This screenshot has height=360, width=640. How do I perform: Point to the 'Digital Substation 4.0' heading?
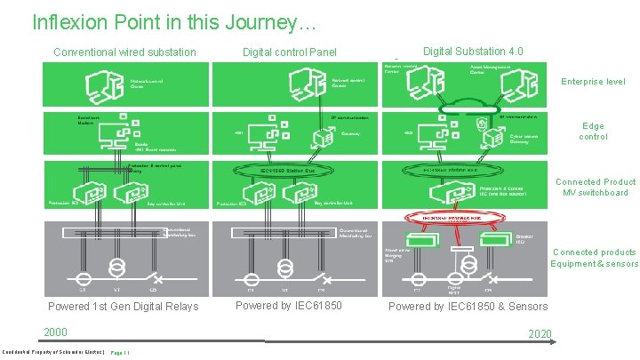(x=473, y=52)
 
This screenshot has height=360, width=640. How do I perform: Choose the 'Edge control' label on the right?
(x=593, y=132)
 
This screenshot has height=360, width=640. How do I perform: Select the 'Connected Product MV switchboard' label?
(x=593, y=188)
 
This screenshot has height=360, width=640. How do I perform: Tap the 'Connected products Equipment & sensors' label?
(x=594, y=258)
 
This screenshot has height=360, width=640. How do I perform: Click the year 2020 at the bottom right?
(x=540, y=334)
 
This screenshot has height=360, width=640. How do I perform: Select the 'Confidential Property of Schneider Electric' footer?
(x=53, y=352)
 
